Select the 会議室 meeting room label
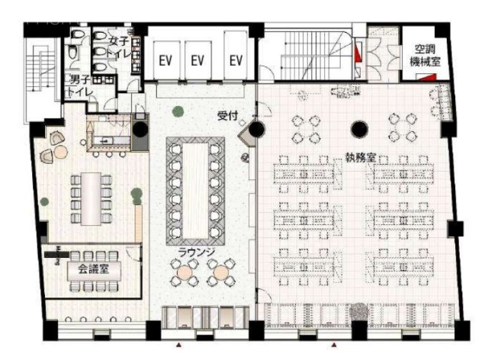tap(84, 268)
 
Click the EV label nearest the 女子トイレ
tap(166, 60)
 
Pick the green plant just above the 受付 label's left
tap(178, 112)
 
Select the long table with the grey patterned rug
tap(194, 188)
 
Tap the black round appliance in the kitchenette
tap(140, 129)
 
